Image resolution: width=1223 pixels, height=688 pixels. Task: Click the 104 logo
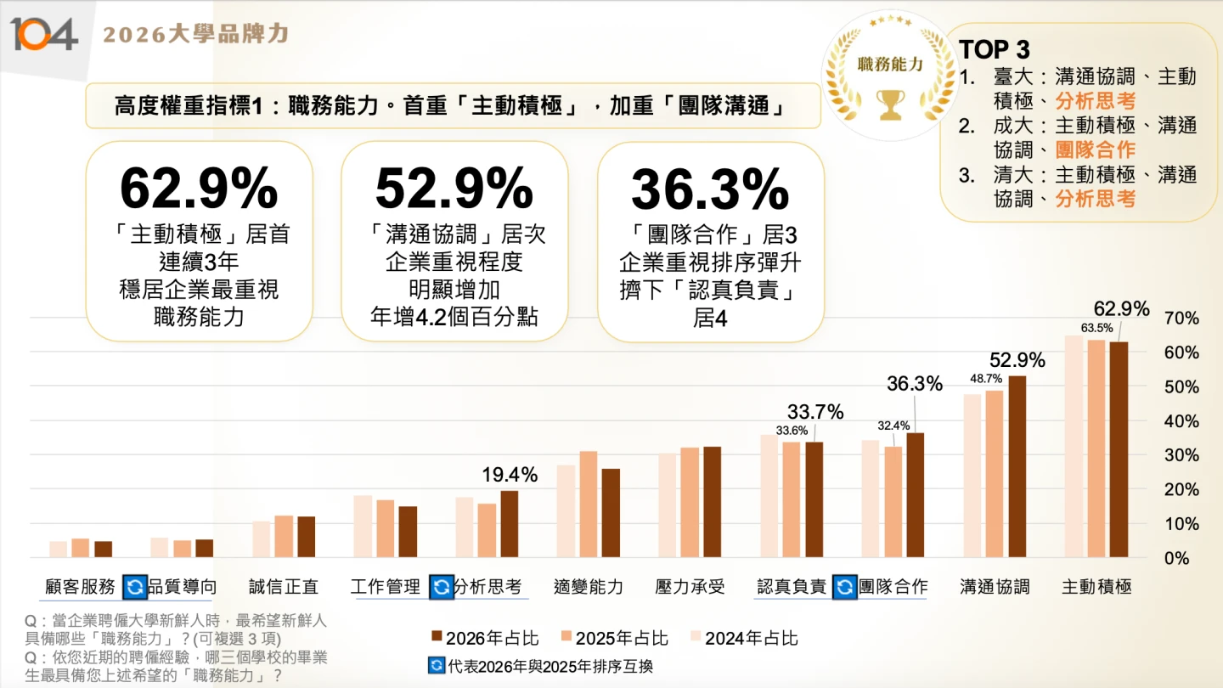pyautogui.click(x=44, y=34)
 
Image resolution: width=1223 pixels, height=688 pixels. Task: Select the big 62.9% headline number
pyautogui.click(x=199, y=189)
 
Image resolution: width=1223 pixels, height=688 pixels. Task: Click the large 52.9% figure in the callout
pyautogui.click(x=454, y=189)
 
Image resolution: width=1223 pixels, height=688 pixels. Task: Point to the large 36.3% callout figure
pyautogui.click(x=711, y=189)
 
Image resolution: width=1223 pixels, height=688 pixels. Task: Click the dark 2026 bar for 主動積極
pyautogui.click(x=1119, y=449)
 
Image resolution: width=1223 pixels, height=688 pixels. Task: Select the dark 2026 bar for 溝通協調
pyautogui.click(x=1017, y=466)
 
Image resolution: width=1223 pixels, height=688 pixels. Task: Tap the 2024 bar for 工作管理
pyautogui.click(x=363, y=526)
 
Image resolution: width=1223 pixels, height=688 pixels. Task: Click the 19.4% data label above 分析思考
pyautogui.click(x=510, y=475)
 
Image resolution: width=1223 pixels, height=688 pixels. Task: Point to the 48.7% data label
pyautogui.click(x=986, y=378)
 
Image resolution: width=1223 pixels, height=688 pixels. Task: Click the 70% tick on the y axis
pyautogui.click(x=1183, y=319)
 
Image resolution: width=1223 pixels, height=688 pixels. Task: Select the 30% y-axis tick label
pyautogui.click(x=1183, y=455)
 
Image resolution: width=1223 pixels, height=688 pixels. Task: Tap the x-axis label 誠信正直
pyautogui.click(x=284, y=587)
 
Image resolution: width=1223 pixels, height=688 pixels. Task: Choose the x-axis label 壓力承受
pyautogui.click(x=690, y=587)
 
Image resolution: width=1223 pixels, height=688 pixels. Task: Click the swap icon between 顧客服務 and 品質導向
pyautogui.click(x=135, y=587)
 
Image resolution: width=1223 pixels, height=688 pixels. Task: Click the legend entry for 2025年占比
pyautogui.click(x=614, y=638)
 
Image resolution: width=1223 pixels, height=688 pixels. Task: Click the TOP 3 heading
pyautogui.click(x=995, y=49)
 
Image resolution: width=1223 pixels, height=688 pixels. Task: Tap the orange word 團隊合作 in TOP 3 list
pyautogui.click(x=1095, y=149)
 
